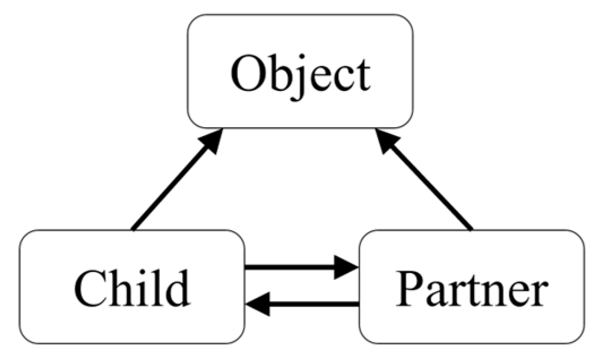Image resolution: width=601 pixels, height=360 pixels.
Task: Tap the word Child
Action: [132, 288]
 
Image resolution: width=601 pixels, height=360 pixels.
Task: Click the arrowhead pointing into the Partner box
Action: [347, 267]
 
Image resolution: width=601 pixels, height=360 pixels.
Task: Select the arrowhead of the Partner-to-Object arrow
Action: [388, 141]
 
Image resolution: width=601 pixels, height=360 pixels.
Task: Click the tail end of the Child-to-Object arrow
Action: [133, 228]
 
